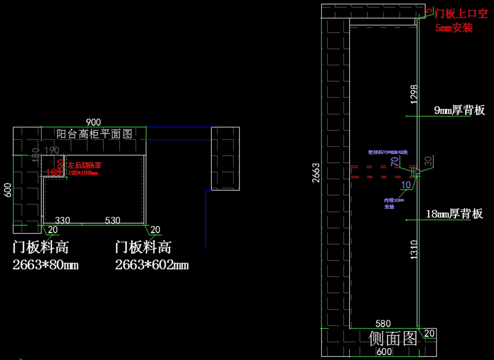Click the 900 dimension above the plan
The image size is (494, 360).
[x=93, y=122]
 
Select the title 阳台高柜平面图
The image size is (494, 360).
[x=94, y=134]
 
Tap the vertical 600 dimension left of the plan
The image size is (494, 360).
[x=8, y=190]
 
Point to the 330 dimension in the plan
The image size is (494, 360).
[x=63, y=221]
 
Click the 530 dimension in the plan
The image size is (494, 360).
[x=112, y=221]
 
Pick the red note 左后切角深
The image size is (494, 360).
[x=85, y=165]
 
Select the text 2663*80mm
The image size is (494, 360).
[x=46, y=265]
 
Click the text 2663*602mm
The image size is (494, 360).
[x=152, y=265]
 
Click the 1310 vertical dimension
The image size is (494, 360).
[x=414, y=250]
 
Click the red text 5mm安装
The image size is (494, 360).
[x=454, y=28]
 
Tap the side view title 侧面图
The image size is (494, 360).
[x=393, y=338]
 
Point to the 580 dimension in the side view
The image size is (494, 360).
[x=383, y=324]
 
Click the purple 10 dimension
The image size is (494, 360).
[x=406, y=185]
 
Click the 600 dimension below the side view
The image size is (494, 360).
[x=384, y=352]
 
